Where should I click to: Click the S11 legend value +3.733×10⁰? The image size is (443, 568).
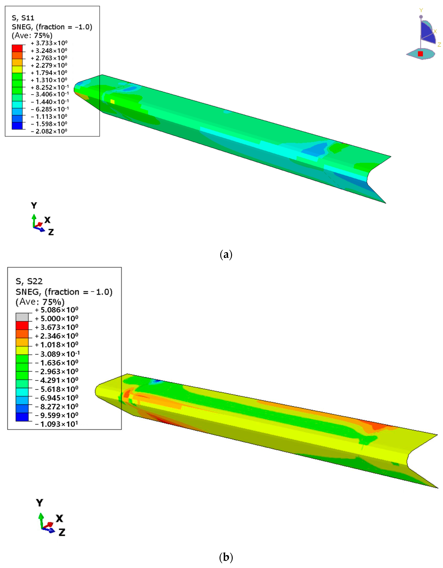tap(49, 43)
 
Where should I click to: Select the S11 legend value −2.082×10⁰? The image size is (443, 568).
tap(49, 131)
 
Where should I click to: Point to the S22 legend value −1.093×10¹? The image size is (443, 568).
tap(56, 424)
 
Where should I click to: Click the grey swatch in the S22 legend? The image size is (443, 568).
tap(22, 317)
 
